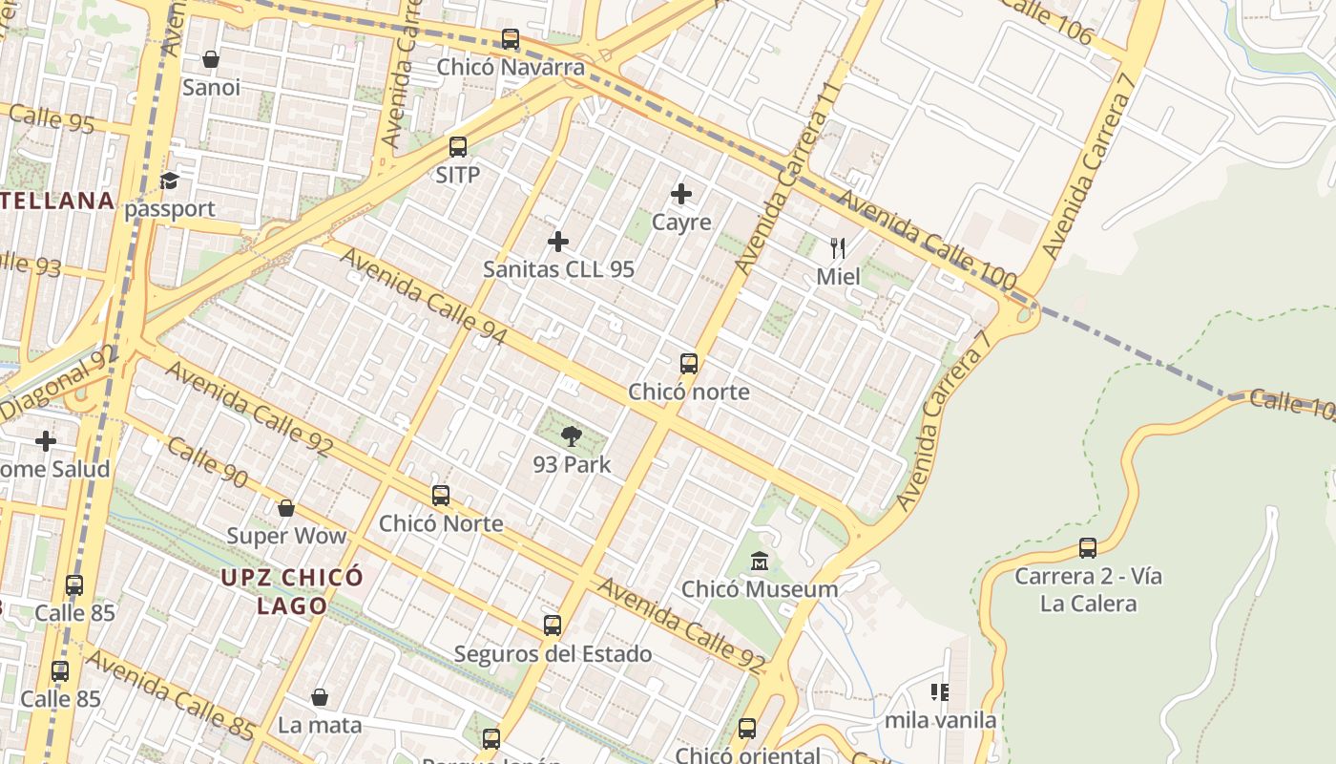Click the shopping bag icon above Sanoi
[211, 59]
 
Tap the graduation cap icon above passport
[170, 180]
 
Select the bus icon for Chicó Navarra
[511, 39]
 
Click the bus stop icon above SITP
[458, 147]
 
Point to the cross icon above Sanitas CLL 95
[558, 242]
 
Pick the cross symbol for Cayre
[681, 195]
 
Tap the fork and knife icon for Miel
[838, 249]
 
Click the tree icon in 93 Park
[572, 437]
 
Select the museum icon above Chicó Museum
[760, 561]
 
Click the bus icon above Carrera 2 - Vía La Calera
[1088, 548]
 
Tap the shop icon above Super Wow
[285, 508]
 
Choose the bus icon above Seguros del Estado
[553, 626]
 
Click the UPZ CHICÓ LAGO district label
[292, 591]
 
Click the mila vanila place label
[940, 720]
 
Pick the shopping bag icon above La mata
[320, 697]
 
